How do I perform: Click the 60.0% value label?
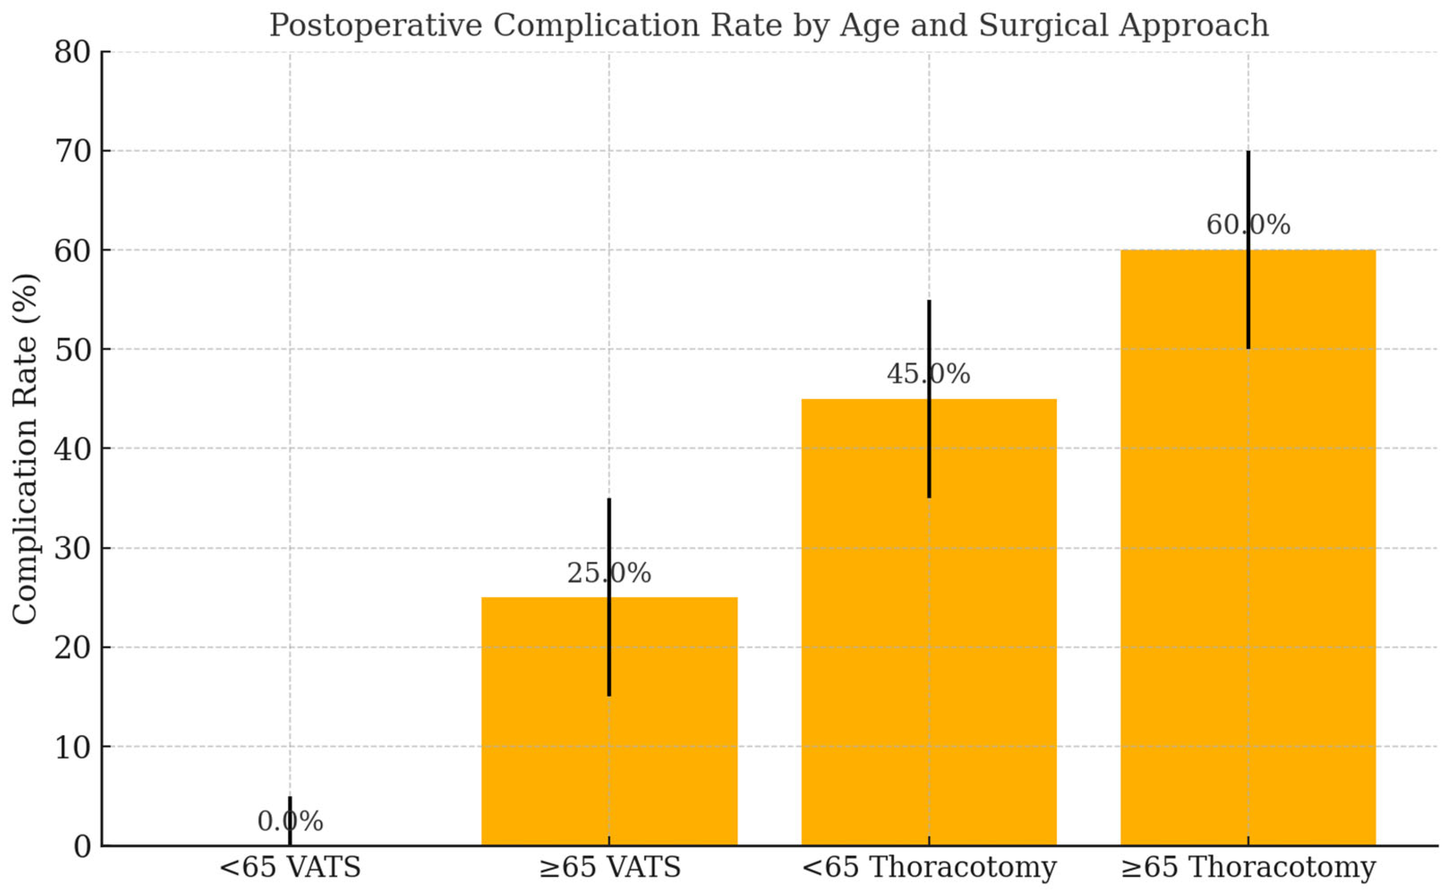[x=1248, y=225]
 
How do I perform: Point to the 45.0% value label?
[x=928, y=374]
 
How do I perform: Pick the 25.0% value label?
[x=608, y=573]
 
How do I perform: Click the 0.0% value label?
[x=290, y=822]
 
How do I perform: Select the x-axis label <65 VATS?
[x=290, y=867]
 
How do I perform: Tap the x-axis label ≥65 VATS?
[x=609, y=867]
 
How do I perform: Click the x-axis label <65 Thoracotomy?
[x=929, y=867]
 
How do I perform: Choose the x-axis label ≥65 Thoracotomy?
[x=1248, y=867]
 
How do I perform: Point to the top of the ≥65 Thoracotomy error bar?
[x=1248, y=152]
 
